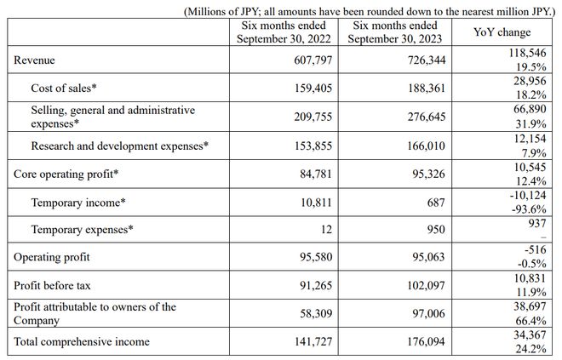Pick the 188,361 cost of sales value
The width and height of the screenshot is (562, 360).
[x=424, y=87]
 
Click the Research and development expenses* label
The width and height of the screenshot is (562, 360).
[x=119, y=146]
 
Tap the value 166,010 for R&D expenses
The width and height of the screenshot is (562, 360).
[x=424, y=146]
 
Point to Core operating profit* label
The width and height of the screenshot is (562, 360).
[x=66, y=174]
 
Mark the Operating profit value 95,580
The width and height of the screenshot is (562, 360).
[x=313, y=257]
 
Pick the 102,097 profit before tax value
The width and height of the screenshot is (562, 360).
[x=424, y=286]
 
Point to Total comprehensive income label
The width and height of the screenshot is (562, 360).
[x=82, y=341]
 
